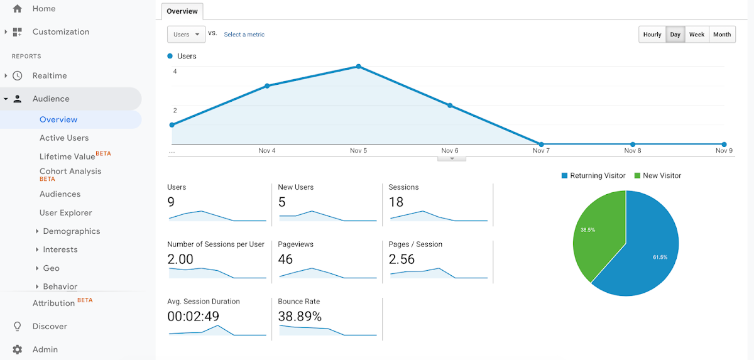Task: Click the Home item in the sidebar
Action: click(43, 9)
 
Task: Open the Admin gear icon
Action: click(18, 349)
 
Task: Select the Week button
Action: click(696, 35)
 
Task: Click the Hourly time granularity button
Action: click(652, 35)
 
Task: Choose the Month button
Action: click(722, 35)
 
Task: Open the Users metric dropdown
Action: click(186, 35)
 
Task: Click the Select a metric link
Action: click(244, 35)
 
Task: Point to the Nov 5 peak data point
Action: click(358, 66)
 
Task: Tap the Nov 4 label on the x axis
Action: click(267, 151)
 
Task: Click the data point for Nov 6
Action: click(450, 106)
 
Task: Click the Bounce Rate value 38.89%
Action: click(300, 316)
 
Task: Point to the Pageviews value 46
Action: click(285, 259)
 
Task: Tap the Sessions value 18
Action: click(396, 202)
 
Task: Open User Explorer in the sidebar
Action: click(65, 212)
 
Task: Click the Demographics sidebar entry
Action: click(71, 231)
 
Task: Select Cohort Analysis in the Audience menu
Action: click(70, 172)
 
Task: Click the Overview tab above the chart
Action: click(182, 11)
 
